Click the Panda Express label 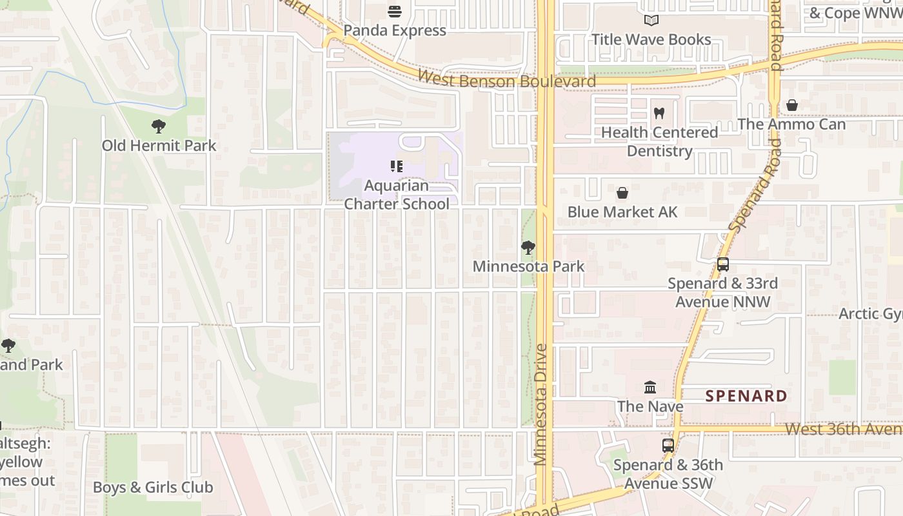click(394, 30)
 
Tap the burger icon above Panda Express click(395, 11)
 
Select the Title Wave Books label click(651, 39)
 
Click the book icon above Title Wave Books click(651, 21)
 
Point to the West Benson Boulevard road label click(506, 79)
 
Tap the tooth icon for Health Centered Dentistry click(659, 114)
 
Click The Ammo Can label click(791, 124)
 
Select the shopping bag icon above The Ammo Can click(792, 105)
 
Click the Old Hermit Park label click(159, 146)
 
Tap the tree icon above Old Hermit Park click(159, 126)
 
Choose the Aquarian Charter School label click(397, 195)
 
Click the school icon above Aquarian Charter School click(397, 166)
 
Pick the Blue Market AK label click(622, 212)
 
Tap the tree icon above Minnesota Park click(528, 248)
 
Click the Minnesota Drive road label click(541, 404)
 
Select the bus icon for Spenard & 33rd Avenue click(723, 264)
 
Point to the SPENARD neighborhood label click(746, 396)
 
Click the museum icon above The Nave click(650, 388)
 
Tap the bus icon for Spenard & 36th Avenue click(668, 446)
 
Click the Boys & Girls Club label click(153, 488)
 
